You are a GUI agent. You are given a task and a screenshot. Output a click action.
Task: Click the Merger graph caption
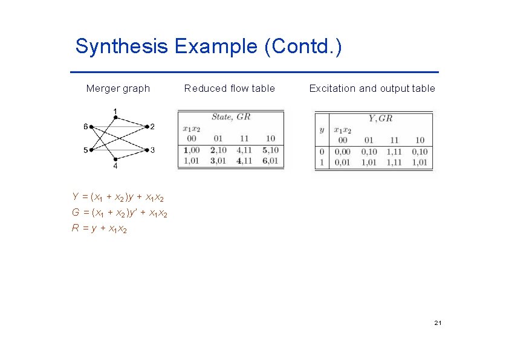(x=118, y=89)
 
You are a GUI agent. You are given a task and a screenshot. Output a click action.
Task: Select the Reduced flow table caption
(x=229, y=89)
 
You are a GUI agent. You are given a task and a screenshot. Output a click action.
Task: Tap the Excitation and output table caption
(x=372, y=89)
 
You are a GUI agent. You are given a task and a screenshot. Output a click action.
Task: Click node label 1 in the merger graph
(x=115, y=111)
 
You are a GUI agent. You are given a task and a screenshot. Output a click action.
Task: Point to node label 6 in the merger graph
(x=86, y=126)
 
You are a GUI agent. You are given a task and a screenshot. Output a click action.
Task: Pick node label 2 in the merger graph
(x=152, y=127)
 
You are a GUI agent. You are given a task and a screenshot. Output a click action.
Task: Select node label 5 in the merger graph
(x=86, y=150)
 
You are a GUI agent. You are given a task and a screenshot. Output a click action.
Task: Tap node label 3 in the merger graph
(x=152, y=150)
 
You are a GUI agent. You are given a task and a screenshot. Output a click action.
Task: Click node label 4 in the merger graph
(x=115, y=166)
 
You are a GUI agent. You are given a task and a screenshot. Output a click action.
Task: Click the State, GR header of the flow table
(x=231, y=117)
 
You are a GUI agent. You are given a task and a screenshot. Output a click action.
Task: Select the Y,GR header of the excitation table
(x=380, y=119)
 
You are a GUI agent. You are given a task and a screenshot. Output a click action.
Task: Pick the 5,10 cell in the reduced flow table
(x=270, y=150)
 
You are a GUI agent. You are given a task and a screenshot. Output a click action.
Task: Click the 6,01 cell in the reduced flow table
(x=270, y=160)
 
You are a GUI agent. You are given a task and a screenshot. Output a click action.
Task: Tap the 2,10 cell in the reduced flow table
(x=218, y=150)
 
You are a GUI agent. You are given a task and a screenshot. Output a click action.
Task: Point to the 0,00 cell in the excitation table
(x=342, y=152)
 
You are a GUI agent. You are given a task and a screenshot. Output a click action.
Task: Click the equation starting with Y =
(x=118, y=197)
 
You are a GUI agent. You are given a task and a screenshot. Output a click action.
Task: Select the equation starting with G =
(x=120, y=213)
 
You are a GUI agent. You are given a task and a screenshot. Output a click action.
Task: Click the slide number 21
(x=438, y=324)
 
